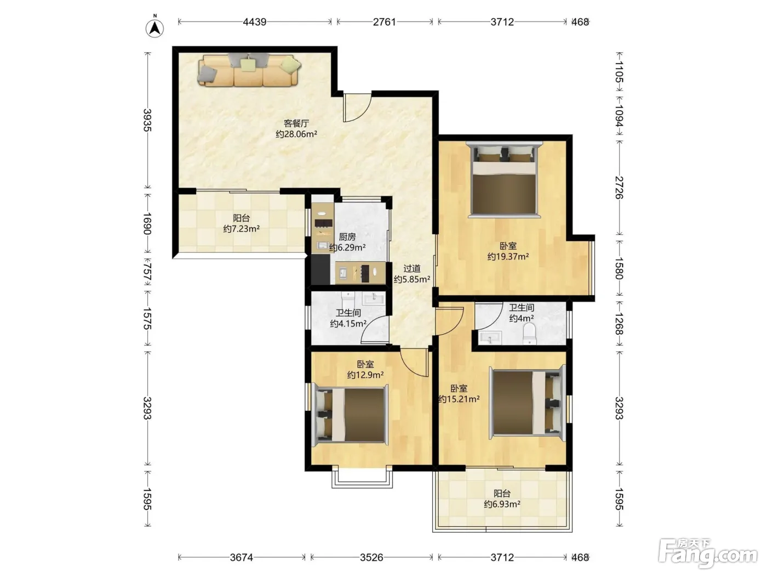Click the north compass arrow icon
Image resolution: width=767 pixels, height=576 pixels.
tap(155, 28)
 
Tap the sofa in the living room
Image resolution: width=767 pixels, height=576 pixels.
tap(249, 70)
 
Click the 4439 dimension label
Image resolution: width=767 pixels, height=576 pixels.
tap(255, 22)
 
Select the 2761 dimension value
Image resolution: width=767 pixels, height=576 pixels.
tap(385, 22)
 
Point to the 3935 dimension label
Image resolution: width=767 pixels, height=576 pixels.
tap(147, 120)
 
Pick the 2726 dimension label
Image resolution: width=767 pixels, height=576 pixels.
tap(619, 188)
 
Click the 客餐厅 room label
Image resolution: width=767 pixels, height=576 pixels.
tap(296, 123)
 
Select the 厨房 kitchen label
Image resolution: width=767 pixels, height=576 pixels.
tap(347, 237)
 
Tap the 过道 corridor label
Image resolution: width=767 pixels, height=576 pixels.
tap(412, 269)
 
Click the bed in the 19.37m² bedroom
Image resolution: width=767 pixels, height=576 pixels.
tap(504, 179)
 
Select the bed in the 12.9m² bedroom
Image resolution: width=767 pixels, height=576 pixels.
tap(350, 415)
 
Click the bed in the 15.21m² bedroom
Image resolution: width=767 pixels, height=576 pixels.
tap(527, 403)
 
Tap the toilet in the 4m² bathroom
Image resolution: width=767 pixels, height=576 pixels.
tap(529, 334)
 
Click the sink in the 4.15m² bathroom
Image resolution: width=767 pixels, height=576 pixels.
tap(374, 298)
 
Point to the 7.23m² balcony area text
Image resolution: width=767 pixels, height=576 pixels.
tap(242, 229)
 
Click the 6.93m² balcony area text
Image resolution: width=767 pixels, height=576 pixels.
tap(502, 504)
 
